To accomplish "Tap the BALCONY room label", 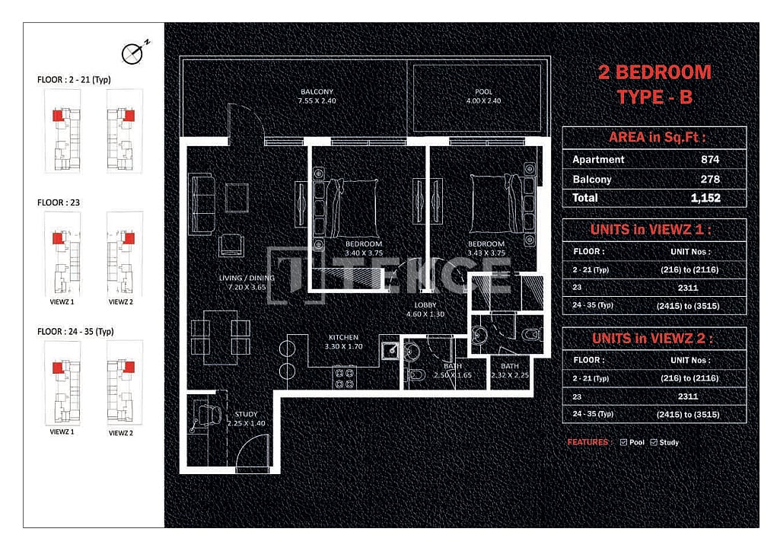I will coord(318,93).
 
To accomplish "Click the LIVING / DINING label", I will coord(247,279).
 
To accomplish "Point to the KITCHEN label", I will coord(343,337).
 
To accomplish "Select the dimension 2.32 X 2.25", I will coord(509,375).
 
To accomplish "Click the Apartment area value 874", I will coord(709,160).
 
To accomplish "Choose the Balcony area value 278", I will coord(709,180).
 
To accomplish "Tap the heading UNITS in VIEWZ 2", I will coord(654,339).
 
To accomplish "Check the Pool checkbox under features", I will coord(624,442).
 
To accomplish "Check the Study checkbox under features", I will coord(654,442).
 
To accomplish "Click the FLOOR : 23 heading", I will coord(59,203).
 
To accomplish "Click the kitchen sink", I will coord(390,350).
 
